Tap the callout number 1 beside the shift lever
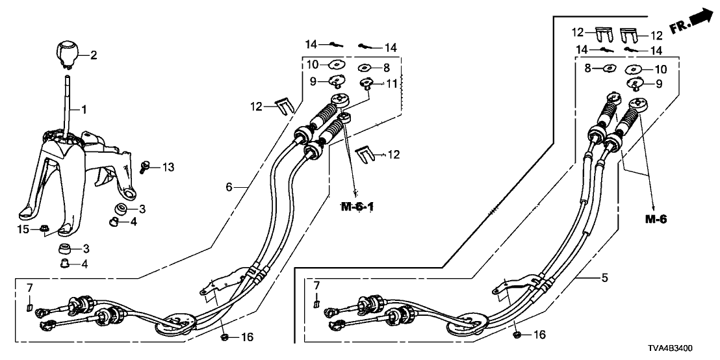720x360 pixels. (x=83, y=109)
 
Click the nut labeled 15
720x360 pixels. (x=43, y=227)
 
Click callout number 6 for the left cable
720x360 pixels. (x=229, y=186)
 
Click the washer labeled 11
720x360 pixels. (x=366, y=83)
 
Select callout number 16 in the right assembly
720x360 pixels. (x=539, y=335)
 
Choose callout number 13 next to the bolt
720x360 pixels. (x=168, y=168)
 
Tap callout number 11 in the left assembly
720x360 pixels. (x=391, y=83)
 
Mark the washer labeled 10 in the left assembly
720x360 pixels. (x=337, y=65)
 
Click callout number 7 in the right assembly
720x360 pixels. (x=316, y=286)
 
